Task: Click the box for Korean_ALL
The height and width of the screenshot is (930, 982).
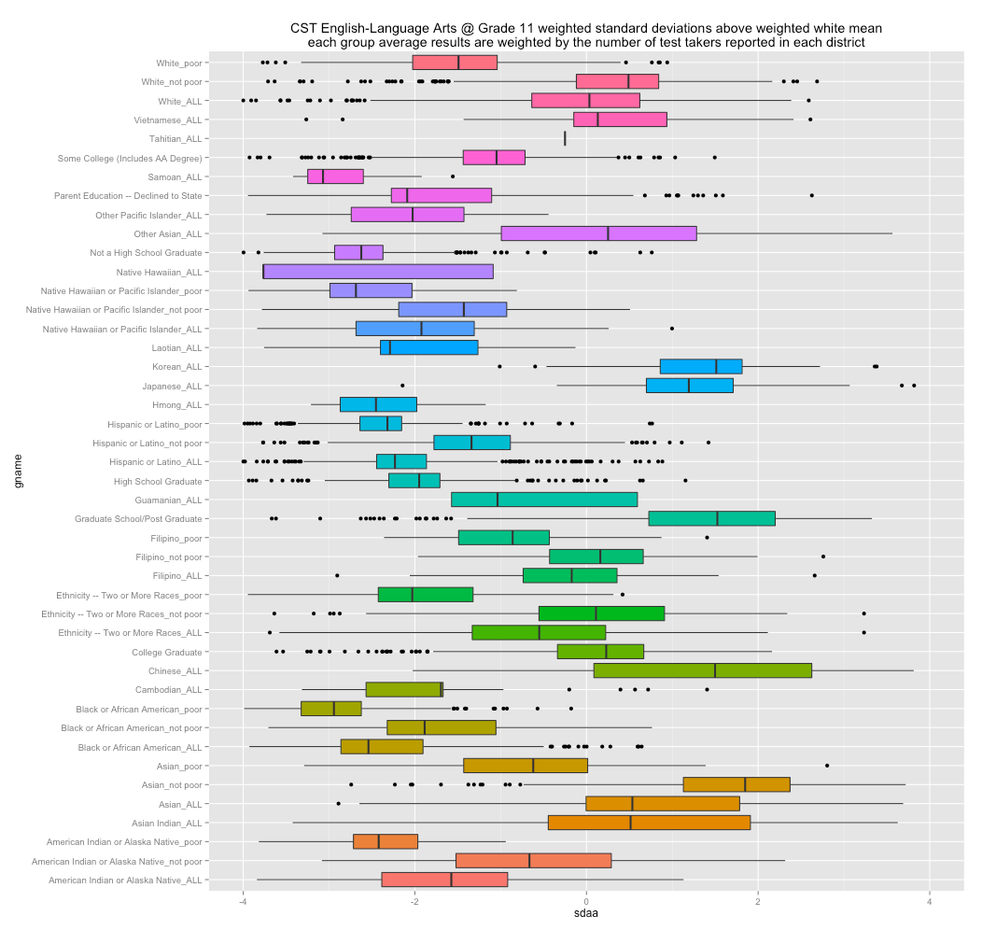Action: click(700, 367)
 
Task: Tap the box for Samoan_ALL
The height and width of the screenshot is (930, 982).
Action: click(335, 176)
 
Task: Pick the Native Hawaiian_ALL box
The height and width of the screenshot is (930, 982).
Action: click(378, 272)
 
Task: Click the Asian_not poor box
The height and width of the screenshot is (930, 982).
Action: click(736, 784)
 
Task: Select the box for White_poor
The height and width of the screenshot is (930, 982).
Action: click(455, 63)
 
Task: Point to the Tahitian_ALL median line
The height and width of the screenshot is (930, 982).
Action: click(565, 138)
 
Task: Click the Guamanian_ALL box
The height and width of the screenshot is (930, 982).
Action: click(544, 500)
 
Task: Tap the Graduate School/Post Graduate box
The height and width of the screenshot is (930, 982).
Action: click(711, 518)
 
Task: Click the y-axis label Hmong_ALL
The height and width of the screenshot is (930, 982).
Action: click(176, 405)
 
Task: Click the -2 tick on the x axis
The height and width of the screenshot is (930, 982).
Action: click(414, 901)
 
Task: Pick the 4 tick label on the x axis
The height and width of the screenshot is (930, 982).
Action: click(930, 901)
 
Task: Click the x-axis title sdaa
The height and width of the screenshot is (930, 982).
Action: click(585, 917)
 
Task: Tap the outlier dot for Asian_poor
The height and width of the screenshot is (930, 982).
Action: click(827, 766)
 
